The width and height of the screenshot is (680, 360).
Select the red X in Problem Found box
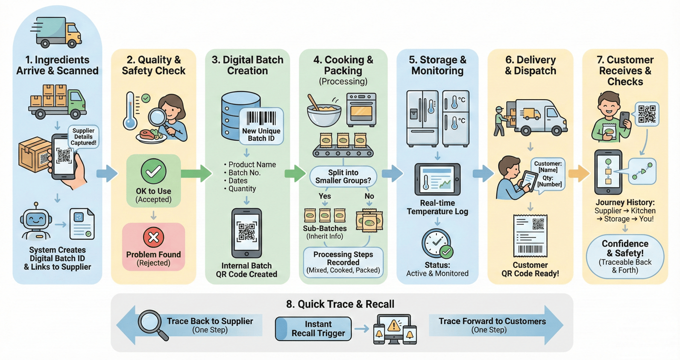click(153, 238)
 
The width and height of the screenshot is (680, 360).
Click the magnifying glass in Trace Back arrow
click(152, 325)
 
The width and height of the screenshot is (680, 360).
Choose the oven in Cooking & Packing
click(361, 109)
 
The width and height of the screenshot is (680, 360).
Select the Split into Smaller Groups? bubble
click(343, 176)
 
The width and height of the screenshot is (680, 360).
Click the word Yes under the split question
click(325, 196)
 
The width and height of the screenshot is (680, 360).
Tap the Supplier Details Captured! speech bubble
click(83, 137)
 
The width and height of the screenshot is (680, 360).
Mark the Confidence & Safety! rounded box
click(625, 257)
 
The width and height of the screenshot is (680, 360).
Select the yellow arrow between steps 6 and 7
click(578, 173)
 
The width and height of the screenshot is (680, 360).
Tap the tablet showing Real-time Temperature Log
click(437, 180)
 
